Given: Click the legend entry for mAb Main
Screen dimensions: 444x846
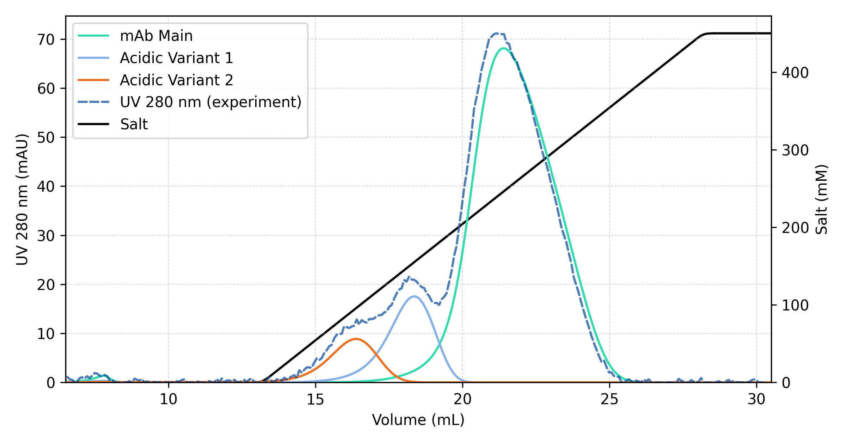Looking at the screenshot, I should tap(156, 36).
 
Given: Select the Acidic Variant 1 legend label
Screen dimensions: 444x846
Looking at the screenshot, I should tap(176, 58).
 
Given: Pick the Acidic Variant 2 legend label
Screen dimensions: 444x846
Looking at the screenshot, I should tap(176, 80).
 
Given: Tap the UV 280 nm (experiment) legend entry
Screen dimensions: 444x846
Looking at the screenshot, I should tap(210, 102).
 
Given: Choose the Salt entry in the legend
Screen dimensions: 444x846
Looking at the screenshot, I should tap(134, 124).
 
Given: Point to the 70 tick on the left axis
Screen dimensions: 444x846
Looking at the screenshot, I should tap(46, 39).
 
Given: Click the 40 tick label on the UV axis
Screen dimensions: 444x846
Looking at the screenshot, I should tap(46, 186).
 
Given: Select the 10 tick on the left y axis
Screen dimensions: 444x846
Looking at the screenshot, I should tap(46, 334).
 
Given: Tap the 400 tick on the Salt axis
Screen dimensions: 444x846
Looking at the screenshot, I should tap(795, 73).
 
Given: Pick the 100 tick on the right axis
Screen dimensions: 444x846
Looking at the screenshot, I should tap(795, 305).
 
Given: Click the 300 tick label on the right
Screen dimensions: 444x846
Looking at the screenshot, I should tap(795, 150).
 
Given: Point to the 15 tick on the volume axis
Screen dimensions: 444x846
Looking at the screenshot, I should tap(315, 399).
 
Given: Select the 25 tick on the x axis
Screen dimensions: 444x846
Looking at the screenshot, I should tap(609, 399).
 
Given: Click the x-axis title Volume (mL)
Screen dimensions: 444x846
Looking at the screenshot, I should tap(418, 420).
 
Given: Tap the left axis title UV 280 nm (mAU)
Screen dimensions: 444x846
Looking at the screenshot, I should tap(22, 199).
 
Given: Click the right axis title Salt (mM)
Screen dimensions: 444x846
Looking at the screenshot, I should tap(821, 199).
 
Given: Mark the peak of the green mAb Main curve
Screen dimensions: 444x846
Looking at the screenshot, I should tap(503, 48).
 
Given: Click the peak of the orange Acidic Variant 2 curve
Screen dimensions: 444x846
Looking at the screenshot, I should tap(356, 339).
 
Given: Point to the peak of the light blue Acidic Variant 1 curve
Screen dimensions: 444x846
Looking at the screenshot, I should tap(414, 296).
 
